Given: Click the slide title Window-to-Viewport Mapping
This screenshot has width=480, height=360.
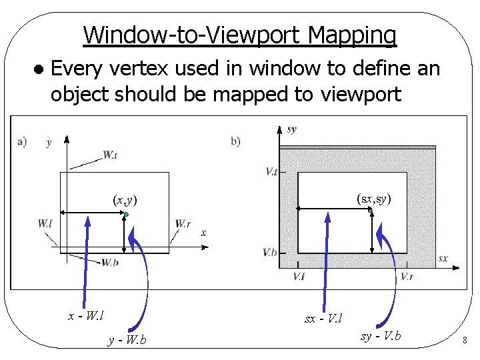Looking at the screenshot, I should [240, 35].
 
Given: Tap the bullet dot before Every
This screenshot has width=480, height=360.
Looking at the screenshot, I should [40, 69].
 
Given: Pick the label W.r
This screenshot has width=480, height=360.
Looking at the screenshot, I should [183, 223].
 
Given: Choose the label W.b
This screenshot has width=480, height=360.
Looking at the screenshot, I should [110, 262].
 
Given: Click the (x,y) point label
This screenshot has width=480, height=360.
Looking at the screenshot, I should [125, 199].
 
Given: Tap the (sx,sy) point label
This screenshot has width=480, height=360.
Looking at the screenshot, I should [373, 198].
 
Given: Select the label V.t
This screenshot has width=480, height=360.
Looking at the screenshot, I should [271, 171].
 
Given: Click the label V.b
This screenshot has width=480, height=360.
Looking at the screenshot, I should [270, 252].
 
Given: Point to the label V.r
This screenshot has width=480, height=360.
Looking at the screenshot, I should [406, 276].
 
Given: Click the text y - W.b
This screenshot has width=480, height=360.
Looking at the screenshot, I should [127, 341].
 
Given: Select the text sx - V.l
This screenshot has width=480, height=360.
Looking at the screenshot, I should [323, 319].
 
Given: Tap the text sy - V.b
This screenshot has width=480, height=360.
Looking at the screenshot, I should [381, 335].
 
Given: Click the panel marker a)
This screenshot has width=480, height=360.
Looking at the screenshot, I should [22, 141].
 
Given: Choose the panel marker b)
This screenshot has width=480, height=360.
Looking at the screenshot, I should [235, 141].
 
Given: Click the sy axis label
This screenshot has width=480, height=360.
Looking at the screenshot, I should [291, 129].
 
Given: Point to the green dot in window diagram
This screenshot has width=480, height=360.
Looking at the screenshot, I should [125, 213].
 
